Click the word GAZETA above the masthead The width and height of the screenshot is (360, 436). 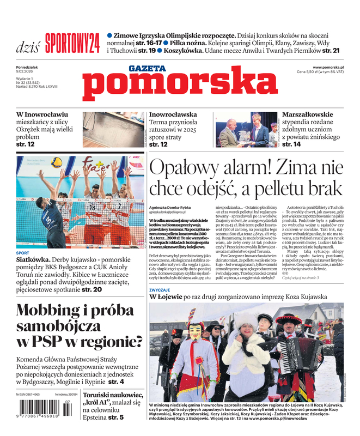click(147, 69)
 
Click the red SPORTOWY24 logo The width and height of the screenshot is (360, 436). click(72, 43)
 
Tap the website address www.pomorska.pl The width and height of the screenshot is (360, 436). click(332, 66)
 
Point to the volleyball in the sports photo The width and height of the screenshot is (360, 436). click(57, 162)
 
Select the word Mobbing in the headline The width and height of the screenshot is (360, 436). click(50, 311)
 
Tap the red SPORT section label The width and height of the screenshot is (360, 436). click(23, 253)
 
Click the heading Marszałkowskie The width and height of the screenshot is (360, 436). click(308, 114)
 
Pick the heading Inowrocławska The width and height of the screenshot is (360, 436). click(173, 115)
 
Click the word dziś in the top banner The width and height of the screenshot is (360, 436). click(27, 46)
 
